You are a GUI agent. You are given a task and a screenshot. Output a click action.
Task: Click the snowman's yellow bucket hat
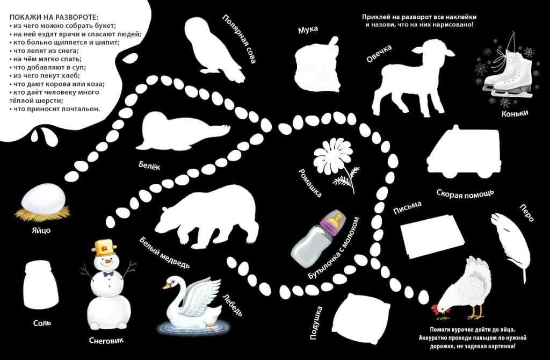click(104, 247)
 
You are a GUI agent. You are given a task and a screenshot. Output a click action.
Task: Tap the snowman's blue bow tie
click(108, 273)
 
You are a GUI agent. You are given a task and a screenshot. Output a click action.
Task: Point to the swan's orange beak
click(166, 286)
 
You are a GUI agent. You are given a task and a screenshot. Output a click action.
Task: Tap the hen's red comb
click(435, 309)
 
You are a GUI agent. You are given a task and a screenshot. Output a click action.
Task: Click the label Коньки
click(515, 113)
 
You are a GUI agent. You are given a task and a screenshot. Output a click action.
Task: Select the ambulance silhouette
click(464, 153)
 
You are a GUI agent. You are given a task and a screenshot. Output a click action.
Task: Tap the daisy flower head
click(332, 156)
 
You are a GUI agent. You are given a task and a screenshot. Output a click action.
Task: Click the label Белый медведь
click(164, 253)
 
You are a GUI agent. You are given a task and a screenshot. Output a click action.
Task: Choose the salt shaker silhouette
click(41, 284)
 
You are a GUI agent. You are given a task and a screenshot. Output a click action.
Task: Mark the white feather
click(512, 244)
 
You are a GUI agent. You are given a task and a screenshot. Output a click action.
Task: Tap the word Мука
click(308, 30)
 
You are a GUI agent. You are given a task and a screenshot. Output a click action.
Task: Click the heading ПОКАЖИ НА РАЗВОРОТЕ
click(54, 17)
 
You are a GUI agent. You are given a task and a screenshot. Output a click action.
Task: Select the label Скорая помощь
click(466, 193)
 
